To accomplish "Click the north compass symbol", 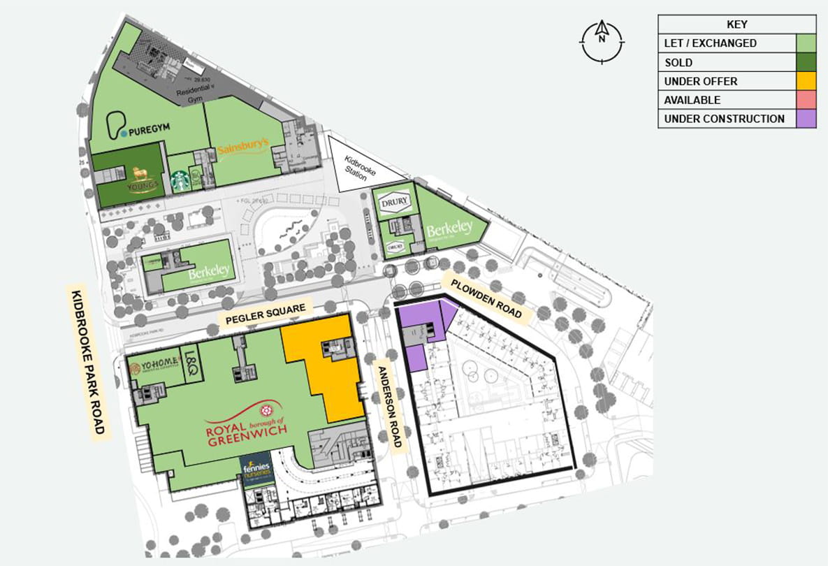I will (x=602, y=40).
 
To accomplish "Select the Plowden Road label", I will (x=486, y=298).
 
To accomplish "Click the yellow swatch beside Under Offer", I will (x=806, y=81).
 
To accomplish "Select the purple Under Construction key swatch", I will (x=806, y=119).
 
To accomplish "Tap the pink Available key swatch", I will (x=806, y=100).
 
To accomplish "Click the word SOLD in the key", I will (x=678, y=62).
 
